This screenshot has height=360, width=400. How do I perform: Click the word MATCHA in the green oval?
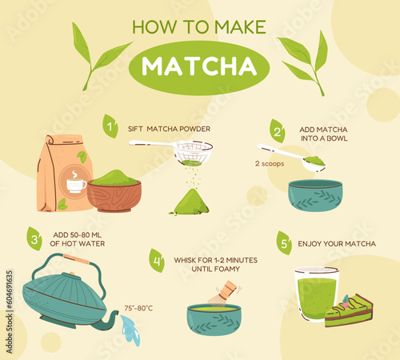point(199,66)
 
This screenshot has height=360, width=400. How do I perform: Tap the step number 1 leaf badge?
point(110,126)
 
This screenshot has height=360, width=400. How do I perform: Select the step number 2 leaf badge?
point(278,131)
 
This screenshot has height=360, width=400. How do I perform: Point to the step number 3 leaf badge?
point(34,239)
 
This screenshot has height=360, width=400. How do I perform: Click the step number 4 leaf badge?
point(157,261)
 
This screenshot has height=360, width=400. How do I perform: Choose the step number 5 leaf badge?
point(284,243)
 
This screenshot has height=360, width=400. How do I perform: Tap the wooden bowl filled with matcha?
point(114,190)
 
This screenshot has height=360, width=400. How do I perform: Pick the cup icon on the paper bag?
point(76,182)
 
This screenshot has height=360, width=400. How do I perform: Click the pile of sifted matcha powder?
point(190,202)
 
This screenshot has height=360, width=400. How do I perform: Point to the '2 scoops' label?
point(270,163)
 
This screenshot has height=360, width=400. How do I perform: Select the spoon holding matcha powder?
point(291,158)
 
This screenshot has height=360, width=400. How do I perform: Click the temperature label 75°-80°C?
point(138,308)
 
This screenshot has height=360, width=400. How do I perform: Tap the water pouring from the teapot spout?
point(130,330)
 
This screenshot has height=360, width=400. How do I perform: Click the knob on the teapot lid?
point(72,274)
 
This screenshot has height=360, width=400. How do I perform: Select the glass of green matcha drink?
point(317,294)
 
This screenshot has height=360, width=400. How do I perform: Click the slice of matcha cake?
point(349,310)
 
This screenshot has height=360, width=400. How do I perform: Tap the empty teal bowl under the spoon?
point(315,196)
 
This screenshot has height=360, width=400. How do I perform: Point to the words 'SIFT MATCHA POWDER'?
point(169,129)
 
